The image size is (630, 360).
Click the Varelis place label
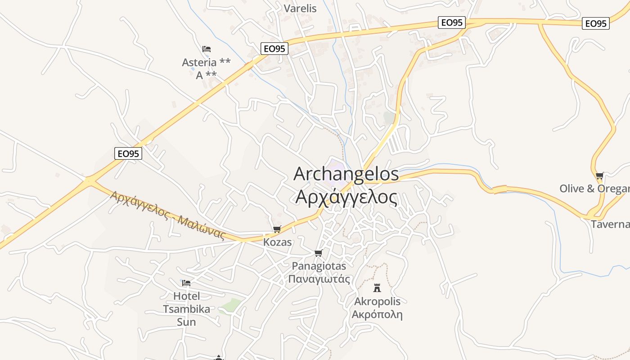pyautogui.click(x=300, y=9)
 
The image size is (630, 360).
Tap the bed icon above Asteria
pyautogui.click(x=207, y=49)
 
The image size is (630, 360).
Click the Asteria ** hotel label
pyautogui.click(x=206, y=63)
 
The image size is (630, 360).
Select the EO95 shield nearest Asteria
pyautogui.click(x=274, y=49)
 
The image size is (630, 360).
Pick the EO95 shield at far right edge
pyautogui.click(x=596, y=23)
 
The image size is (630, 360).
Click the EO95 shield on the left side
pyautogui.click(x=128, y=153)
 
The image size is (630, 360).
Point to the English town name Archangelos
pyautogui.click(x=346, y=174)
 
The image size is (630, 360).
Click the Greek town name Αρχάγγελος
pyautogui.click(x=346, y=198)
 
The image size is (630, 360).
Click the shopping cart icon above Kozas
pyautogui.click(x=277, y=229)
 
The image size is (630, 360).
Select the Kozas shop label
pyautogui.click(x=277, y=242)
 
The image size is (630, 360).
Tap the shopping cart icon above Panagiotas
pyautogui.click(x=319, y=253)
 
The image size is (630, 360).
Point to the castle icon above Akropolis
pyautogui.click(x=377, y=288)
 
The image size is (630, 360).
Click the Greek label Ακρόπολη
pyautogui.click(x=377, y=314)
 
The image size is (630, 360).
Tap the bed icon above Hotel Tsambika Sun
pyautogui.click(x=186, y=283)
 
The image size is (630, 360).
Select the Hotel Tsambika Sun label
pyautogui.click(x=186, y=309)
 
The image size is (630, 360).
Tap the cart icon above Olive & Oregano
pyautogui.click(x=599, y=176)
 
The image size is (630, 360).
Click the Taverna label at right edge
pyautogui.click(x=610, y=224)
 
